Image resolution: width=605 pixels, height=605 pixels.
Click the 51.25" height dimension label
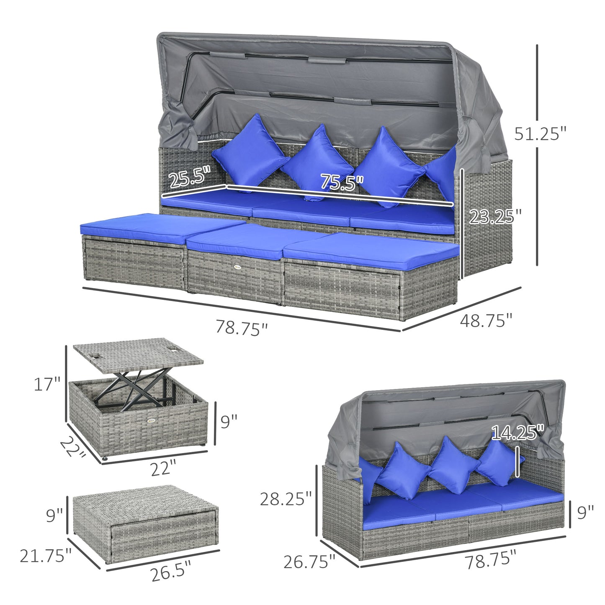[540, 134]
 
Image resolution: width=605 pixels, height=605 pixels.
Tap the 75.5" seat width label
[342, 182]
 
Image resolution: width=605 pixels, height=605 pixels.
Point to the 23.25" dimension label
[495, 216]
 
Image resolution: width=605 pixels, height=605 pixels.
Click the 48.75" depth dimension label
[486, 321]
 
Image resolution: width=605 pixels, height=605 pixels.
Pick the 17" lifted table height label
[47, 384]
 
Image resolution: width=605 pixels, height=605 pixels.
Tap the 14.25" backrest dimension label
[517, 433]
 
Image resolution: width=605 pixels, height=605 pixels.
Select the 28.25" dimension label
[286, 499]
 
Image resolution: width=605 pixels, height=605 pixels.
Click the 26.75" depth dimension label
[309, 561]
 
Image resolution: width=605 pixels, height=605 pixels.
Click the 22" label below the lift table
[163, 468]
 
